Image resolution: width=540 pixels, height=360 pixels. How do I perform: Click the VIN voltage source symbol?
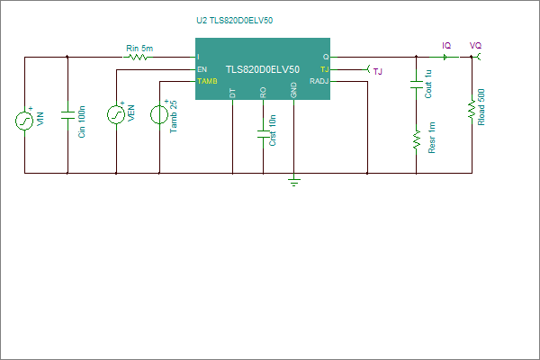(24, 121)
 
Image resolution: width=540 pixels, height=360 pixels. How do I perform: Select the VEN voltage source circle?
(116, 114)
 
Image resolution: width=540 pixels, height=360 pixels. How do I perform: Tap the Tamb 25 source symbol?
(159, 114)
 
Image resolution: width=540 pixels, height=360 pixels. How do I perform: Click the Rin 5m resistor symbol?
(137, 57)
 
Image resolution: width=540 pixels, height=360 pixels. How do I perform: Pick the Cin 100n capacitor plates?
(67, 115)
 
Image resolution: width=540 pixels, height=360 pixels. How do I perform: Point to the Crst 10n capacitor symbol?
(264, 134)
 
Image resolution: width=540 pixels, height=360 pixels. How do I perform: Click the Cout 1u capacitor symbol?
(417, 85)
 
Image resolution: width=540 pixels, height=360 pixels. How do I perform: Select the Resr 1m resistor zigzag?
(417, 139)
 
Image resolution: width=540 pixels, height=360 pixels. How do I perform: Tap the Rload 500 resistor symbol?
(472, 110)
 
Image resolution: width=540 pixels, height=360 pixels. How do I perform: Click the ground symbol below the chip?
(293, 182)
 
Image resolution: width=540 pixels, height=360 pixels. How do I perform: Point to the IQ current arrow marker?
(445, 57)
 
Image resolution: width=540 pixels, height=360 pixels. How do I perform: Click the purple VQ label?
(475, 46)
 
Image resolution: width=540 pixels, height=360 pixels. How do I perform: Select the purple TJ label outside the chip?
(378, 72)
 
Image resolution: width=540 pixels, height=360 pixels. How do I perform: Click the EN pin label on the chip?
(202, 69)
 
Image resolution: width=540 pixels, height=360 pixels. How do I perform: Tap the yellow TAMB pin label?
(207, 81)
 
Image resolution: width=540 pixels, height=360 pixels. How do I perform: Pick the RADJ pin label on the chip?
(319, 81)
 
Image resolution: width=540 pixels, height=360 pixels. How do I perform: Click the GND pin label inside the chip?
(293, 90)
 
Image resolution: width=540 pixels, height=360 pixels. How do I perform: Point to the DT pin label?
(232, 94)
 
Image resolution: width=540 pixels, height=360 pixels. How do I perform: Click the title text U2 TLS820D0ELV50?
(235, 21)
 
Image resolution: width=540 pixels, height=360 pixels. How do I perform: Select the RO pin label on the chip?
(263, 93)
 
